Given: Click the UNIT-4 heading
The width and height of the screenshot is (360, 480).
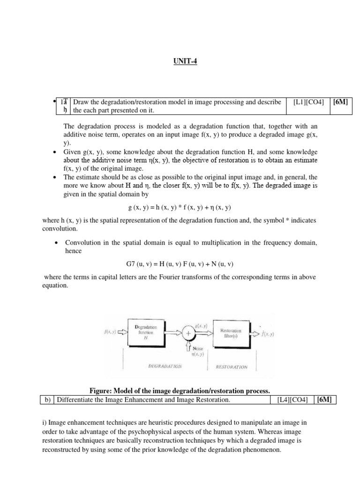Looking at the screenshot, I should pyautogui.click(x=180, y=61).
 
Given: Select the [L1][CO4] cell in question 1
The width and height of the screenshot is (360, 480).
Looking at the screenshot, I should pyautogui.click(x=308, y=102).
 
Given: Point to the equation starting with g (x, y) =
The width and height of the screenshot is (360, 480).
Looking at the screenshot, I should pyautogui.click(x=180, y=207).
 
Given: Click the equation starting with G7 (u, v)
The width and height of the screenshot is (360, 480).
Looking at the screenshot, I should pyautogui.click(x=180, y=264).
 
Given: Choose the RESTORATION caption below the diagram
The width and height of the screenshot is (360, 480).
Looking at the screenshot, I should pyautogui.click(x=232, y=367).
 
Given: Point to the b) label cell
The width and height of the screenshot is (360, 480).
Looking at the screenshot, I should pyautogui.click(x=46, y=400).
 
